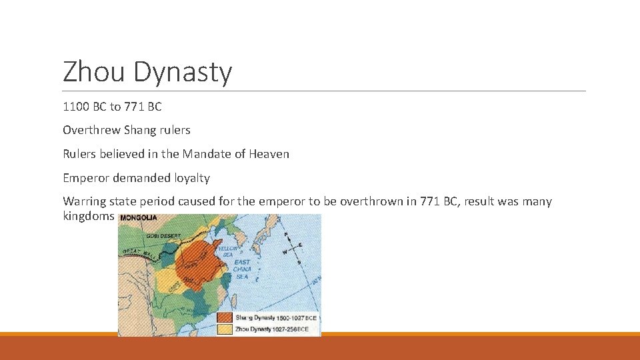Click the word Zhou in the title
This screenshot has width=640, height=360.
(x=94, y=72)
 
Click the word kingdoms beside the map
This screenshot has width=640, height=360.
(x=89, y=217)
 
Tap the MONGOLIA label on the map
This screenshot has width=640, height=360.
(x=139, y=218)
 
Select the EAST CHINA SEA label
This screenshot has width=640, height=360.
(x=243, y=269)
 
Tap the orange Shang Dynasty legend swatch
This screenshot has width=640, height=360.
(x=225, y=318)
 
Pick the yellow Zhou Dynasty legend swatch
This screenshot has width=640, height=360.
(x=225, y=329)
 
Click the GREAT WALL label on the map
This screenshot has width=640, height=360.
(x=139, y=252)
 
